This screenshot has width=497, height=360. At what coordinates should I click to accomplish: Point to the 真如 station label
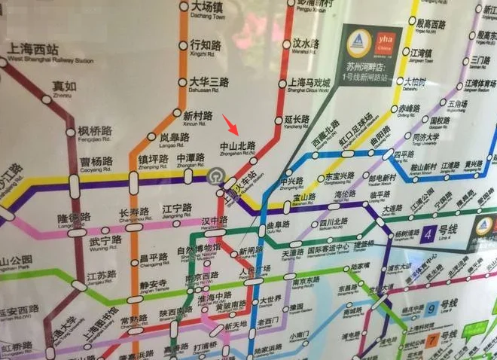[x=64, y=87]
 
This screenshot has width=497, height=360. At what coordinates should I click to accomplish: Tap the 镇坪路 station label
[x=153, y=160]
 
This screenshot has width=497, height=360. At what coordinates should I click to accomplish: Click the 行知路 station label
[x=204, y=44]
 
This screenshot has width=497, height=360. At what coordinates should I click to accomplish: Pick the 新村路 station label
[x=197, y=116]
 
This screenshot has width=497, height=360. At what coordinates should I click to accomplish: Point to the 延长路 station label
[x=297, y=119]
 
